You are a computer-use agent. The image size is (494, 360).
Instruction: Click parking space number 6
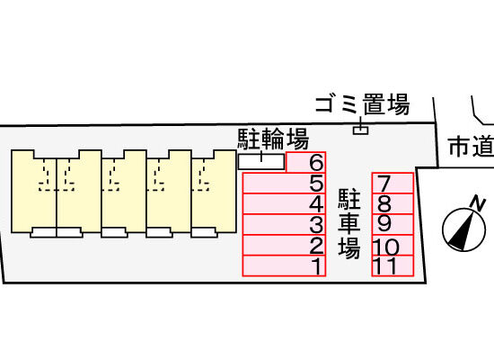(306, 162)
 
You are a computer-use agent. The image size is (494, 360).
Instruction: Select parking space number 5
(284, 183)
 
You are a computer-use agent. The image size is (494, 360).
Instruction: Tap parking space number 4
(284, 203)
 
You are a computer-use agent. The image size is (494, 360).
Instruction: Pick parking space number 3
(284, 224)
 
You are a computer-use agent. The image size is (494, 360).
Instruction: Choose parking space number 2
(284, 246)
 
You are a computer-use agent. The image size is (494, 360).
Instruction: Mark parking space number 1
(284, 265)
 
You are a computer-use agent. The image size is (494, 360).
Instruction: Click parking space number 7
(393, 183)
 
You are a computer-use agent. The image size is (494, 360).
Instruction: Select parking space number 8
(393, 203)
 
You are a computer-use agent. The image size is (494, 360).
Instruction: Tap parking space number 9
(393, 224)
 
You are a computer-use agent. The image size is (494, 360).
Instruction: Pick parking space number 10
(393, 246)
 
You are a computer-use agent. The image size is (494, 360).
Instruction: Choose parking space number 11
(393, 265)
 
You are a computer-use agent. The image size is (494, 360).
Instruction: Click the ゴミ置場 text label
(363, 103)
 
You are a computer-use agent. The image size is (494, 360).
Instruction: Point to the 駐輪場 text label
(273, 139)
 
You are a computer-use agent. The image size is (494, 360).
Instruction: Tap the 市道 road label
(472, 146)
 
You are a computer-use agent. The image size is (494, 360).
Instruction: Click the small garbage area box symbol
(360, 130)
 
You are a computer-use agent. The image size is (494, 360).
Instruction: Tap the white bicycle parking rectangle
(261, 162)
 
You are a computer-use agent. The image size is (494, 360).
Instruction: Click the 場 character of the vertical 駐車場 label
(349, 247)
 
